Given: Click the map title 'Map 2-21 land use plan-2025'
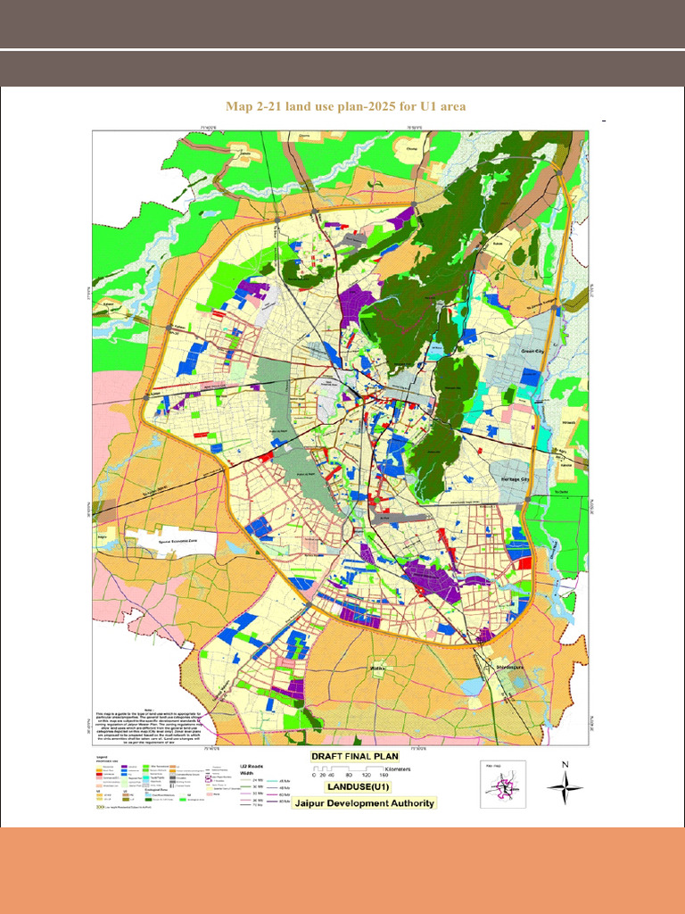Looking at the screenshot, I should click(x=345, y=107).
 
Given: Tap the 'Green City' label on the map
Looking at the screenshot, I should click(x=539, y=353).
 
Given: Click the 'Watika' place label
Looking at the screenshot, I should click(x=378, y=666).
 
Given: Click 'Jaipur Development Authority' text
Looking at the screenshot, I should click(x=367, y=802).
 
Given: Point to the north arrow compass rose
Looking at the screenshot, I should click(x=565, y=787).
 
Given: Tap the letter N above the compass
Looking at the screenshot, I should click(x=565, y=764).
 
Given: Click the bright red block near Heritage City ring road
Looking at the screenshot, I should click(x=524, y=562).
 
